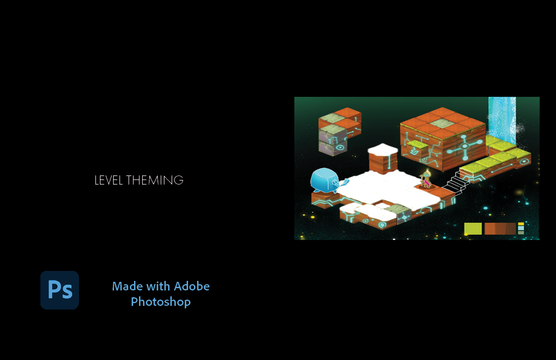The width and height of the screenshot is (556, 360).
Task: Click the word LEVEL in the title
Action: [x=109, y=180]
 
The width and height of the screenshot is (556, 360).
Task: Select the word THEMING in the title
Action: [x=155, y=180]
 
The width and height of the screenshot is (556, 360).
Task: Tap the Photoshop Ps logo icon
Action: [x=60, y=290]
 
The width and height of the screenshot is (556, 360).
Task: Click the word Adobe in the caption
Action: [x=192, y=286]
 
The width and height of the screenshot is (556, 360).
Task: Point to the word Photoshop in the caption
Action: [x=161, y=302]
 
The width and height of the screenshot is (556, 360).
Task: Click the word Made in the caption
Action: [x=128, y=286]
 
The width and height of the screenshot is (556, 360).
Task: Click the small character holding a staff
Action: [x=426, y=180]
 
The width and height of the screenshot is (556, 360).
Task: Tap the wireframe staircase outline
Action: [x=456, y=182]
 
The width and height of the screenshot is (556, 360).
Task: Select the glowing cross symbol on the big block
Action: [x=464, y=147]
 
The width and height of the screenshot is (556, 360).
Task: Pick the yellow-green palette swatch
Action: [x=473, y=229]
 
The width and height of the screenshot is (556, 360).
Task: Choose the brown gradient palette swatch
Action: [x=500, y=229]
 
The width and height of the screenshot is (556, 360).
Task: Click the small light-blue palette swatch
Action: [x=521, y=228]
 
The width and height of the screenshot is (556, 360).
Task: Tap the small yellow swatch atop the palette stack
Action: [x=521, y=224]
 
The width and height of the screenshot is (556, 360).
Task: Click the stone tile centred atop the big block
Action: [x=442, y=124]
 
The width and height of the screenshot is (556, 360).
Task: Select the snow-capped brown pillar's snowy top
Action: [x=383, y=150]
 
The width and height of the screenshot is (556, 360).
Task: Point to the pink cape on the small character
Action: [x=427, y=183]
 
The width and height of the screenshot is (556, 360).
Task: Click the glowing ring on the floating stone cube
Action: [x=340, y=148]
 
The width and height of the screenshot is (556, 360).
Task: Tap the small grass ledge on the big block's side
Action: [x=417, y=144]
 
